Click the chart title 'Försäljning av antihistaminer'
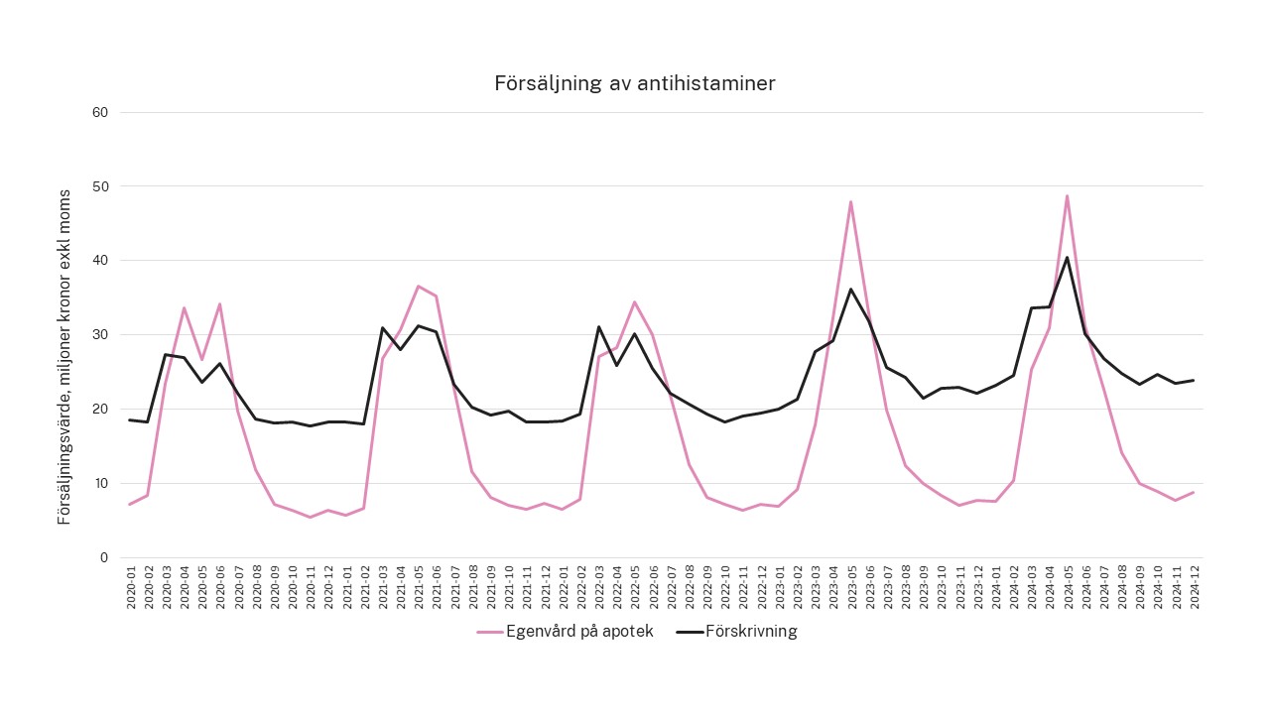click(635, 83)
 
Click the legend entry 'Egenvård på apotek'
click(579, 632)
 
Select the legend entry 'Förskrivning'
click(750, 632)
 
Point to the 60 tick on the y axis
click(99, 112)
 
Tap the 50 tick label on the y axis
click(99, 186)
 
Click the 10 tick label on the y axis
click(99, 483)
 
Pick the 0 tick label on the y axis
click(103, 557)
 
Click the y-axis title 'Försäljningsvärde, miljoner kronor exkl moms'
click(64, 357)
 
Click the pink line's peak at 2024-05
click(1067, 195)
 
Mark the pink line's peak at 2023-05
click(850, 201)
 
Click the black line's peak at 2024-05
click(1067, 258)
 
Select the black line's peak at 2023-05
click(850, 290)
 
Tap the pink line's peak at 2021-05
click(418, 286)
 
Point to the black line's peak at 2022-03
click(598, 326)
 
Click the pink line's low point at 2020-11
click(310, 517)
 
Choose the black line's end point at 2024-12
click(1194, 380)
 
